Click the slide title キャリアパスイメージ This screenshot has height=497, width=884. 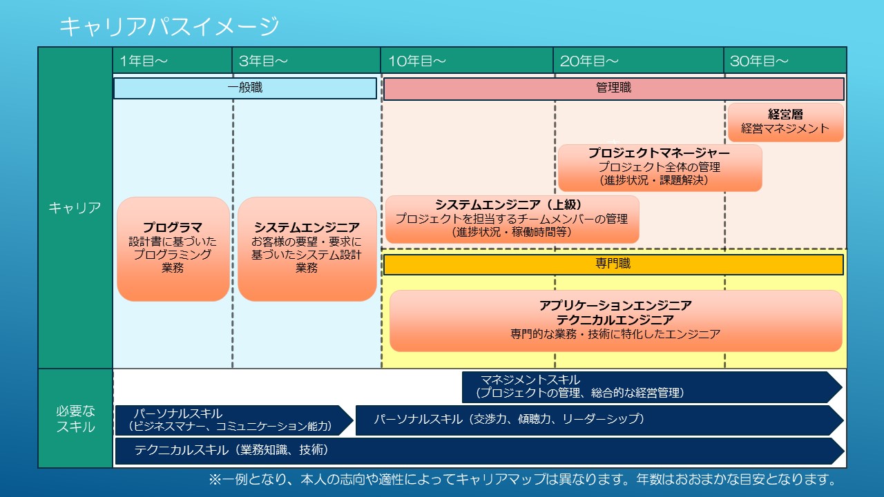[169, 26]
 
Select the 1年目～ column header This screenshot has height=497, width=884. [144, 61]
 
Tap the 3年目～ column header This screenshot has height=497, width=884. [263, 61]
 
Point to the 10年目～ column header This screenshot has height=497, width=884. [417, 61]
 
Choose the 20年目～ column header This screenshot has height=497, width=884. [589, 61]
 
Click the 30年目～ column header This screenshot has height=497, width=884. [759, 61]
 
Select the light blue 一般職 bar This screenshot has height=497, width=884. [245, 88]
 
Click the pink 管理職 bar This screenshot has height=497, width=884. [614, 88]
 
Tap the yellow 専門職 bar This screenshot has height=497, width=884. [613, 264]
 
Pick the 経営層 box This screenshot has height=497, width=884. [786, 122]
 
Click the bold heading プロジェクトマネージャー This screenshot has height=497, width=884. [659, 153]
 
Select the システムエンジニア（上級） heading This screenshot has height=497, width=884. [509, 205]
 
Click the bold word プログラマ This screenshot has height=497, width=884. [173, 227]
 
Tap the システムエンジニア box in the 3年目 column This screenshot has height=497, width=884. [307, 249]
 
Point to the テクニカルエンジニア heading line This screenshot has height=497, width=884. [615, 320]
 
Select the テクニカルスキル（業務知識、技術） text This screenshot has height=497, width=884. [231, 450]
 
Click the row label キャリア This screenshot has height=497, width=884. [75, 208]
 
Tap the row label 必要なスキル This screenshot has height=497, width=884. [75, 419]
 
